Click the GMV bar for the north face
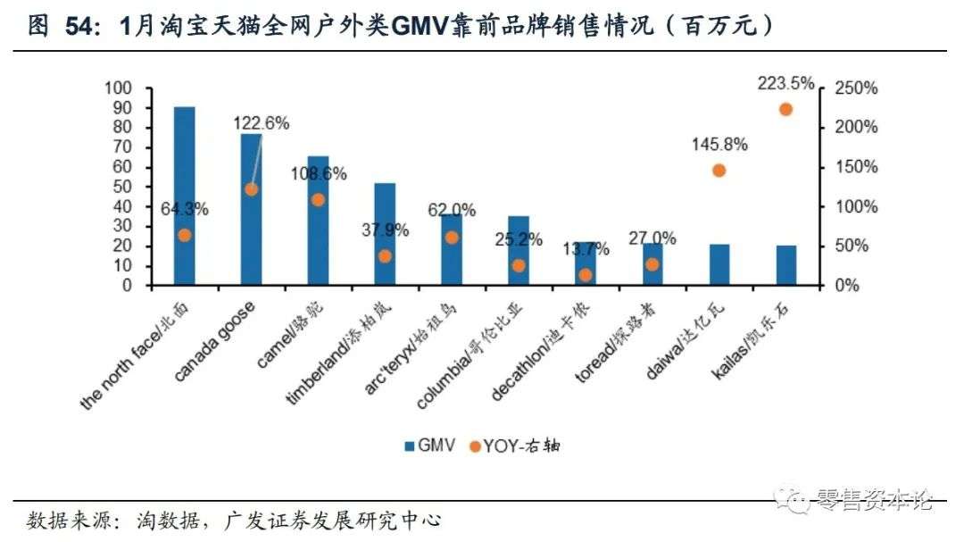click(185, 196)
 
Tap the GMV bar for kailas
click(786, 265)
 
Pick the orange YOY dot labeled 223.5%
click(786, 109)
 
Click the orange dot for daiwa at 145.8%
click(719, 171)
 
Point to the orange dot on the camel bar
click(318, 199)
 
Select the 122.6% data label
click(262, 123)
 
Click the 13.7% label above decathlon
click(586, 247)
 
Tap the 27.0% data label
click(652, 238)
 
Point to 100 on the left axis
click(118, 88)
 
